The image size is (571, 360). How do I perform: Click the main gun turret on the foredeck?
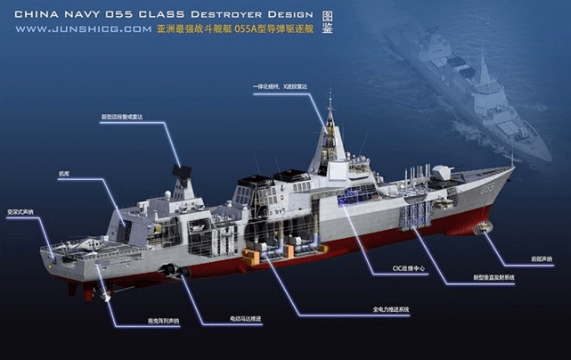click(443, 174)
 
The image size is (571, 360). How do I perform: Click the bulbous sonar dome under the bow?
click(486, 229)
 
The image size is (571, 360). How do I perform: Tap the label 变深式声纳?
click(20, 212)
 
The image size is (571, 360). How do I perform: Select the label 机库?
click(63, 174)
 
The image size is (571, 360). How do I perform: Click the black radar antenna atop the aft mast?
click(181, 173)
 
